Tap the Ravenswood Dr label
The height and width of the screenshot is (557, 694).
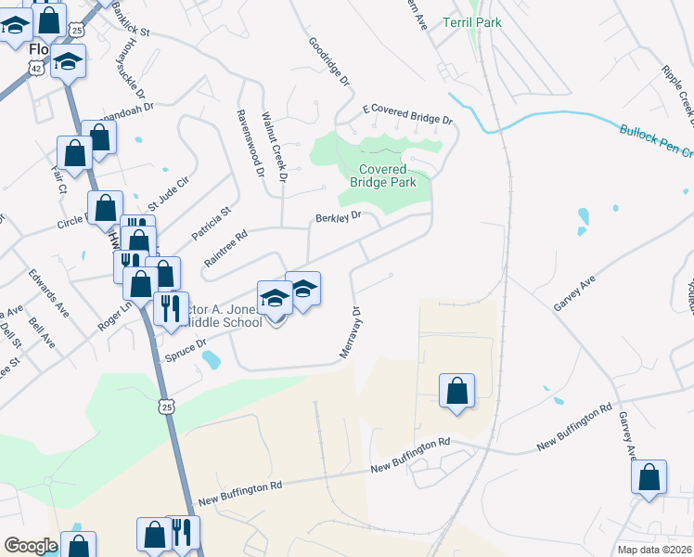coord(250,143)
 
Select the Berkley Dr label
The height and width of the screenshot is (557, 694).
coord(337,218)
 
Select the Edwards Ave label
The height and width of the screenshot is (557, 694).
coord(47,290)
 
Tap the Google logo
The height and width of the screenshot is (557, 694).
coord(31,546)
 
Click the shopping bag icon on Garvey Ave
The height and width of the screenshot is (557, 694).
coord(649,477)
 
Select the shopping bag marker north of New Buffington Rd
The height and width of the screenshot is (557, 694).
coord(457,390)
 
